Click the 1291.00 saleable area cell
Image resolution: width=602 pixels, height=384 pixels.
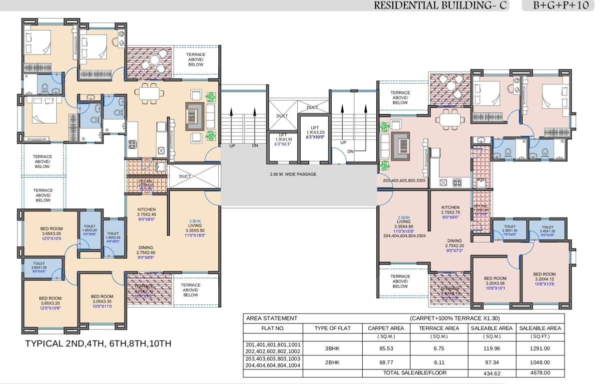click(540, 348)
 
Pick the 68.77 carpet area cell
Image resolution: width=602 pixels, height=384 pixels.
click(385, 362)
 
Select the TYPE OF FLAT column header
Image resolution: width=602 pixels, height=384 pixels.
click(332, 328)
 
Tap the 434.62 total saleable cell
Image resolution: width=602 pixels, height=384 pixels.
click(492, 373)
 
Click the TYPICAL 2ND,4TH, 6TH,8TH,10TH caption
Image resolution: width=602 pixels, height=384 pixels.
click(98, 344)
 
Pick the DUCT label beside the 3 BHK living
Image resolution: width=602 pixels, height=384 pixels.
click(185, 176)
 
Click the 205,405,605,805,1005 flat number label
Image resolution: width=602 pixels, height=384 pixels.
click(404, 180)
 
